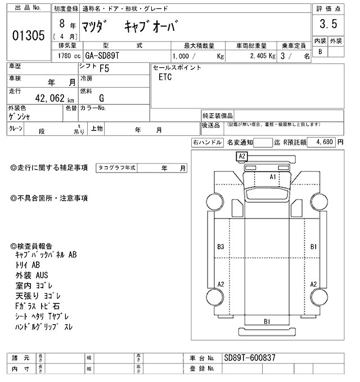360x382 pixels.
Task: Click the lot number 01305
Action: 28,37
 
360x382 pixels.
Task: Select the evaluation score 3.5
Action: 328,24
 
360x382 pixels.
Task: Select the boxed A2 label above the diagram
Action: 242,156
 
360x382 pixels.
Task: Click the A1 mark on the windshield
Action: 273,176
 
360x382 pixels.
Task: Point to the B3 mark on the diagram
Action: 220,247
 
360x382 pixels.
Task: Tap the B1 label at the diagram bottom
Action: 268,321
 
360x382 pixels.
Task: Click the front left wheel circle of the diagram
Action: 214,201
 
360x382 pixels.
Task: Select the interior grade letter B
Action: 321,52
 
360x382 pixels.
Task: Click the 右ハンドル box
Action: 207,143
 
